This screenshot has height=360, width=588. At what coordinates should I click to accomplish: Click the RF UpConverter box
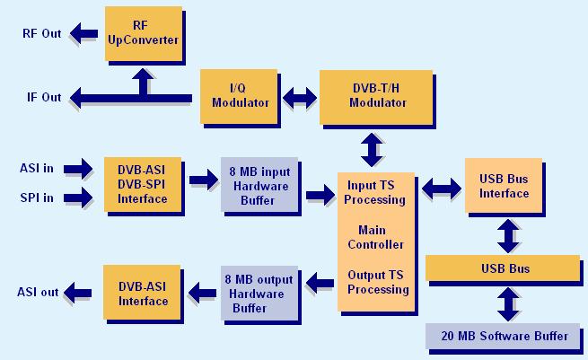tap(144, 34)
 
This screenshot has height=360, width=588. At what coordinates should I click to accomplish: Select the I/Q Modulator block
tap(239, 96)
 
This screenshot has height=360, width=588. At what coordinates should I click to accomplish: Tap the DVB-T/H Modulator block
tap(376, 97)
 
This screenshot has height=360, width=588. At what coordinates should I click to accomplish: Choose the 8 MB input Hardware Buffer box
tap(259, 185)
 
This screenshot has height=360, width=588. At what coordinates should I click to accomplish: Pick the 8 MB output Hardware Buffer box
tap(259, 294)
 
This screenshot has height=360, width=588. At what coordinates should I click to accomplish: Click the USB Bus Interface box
tap(504, 186)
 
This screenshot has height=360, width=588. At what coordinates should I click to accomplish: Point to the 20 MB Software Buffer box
tap(503, 336)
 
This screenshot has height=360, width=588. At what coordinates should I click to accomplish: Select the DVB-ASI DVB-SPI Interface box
tap(143, 185)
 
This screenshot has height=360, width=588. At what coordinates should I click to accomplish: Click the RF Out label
tap(41, 33)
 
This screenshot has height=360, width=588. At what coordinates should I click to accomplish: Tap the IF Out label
tap(44, 97)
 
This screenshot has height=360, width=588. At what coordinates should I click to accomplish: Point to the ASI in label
tap(37, 168)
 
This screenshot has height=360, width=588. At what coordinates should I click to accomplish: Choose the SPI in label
tap(37, 198)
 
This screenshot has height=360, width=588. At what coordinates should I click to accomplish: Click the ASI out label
tap(38, 292)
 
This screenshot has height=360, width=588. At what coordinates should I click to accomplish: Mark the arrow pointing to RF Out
tap(84, 33)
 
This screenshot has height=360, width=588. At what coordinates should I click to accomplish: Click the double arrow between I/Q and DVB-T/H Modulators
tap(299, 98)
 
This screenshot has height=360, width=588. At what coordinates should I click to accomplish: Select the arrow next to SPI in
tap(77, 198)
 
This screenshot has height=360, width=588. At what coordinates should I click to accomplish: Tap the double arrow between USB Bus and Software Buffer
tap(508, 304)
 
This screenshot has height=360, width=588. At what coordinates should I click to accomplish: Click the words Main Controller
tap(375, 237)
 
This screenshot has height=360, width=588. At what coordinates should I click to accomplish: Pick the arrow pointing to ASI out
tap(77, 293)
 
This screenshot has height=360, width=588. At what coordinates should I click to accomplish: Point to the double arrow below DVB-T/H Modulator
tap(372, 150)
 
